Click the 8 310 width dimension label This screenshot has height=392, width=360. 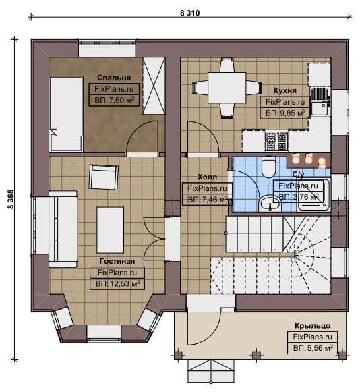click(190, 13)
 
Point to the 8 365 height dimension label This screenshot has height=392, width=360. click(11, 199)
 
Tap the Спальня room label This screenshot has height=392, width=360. click(114, 78)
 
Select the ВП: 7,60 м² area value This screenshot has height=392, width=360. click(115, 101)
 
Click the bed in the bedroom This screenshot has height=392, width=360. click(67, 114)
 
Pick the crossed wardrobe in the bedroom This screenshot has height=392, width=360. click(154, 86)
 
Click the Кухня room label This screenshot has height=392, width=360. click(285, 90)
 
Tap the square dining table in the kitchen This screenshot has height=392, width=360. click(227, 88)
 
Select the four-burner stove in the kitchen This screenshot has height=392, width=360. click(276, 141)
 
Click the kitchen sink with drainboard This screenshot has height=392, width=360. click(320, 101)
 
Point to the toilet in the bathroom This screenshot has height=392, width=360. click(268, 166)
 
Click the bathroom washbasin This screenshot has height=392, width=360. click(270, 204)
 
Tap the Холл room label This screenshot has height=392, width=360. click(208, 177)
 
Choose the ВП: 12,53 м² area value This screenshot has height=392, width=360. click(117, 284)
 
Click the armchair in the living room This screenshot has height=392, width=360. click(103, 177)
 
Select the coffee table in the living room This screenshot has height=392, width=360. click(111, 230)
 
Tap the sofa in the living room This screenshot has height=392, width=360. click(63, 229)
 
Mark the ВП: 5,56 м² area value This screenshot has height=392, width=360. click(313, 347)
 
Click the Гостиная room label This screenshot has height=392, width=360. click(117, 261)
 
